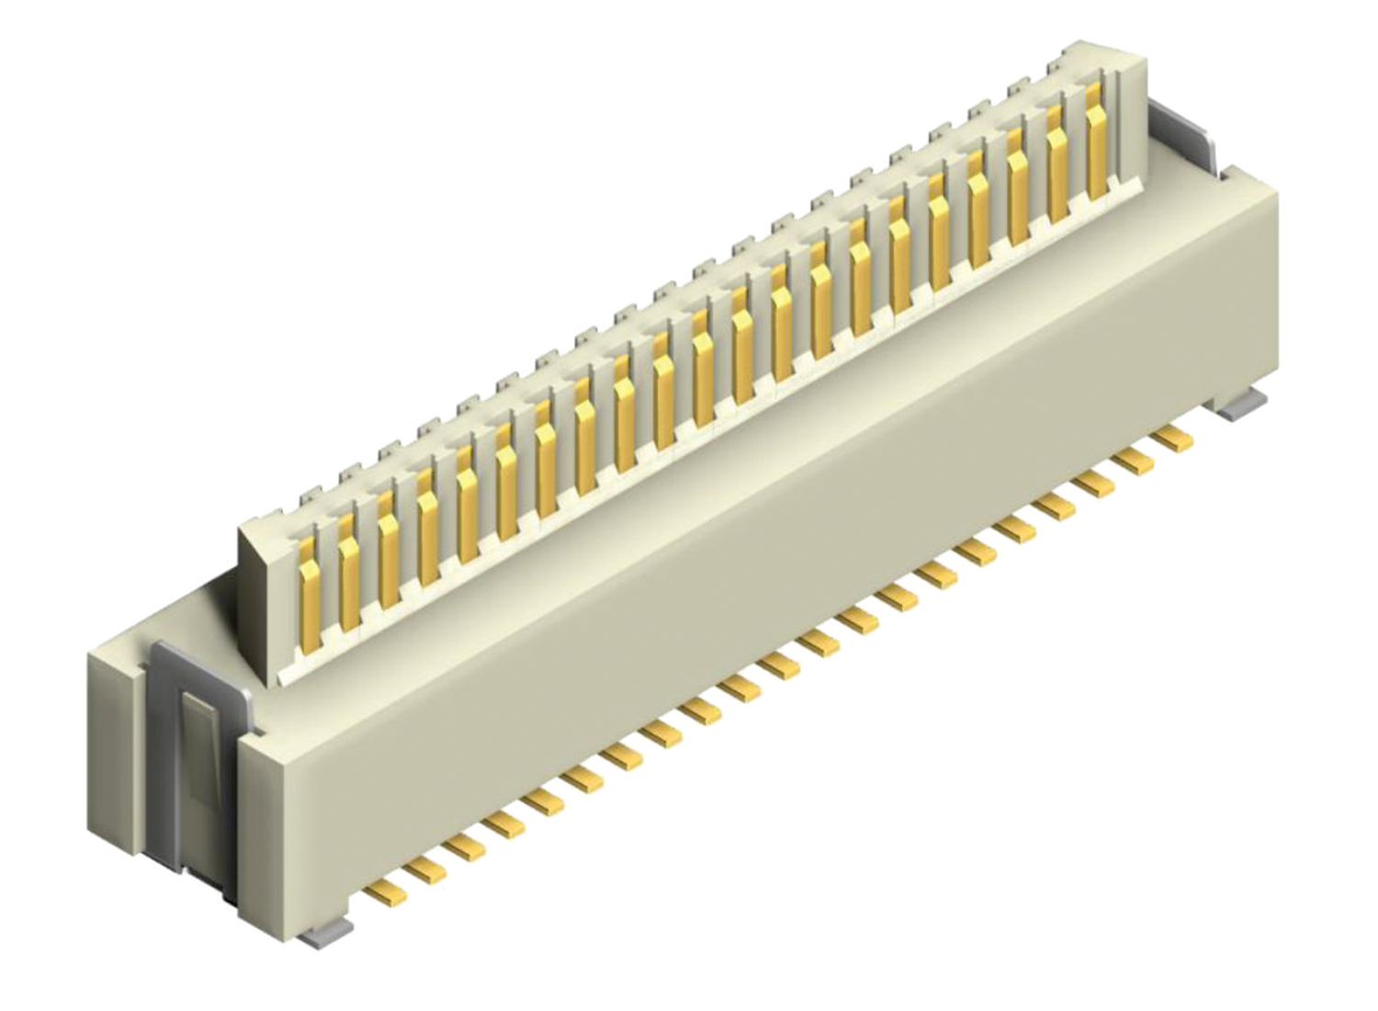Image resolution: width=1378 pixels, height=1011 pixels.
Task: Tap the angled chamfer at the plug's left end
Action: click(x=255, y=597)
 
